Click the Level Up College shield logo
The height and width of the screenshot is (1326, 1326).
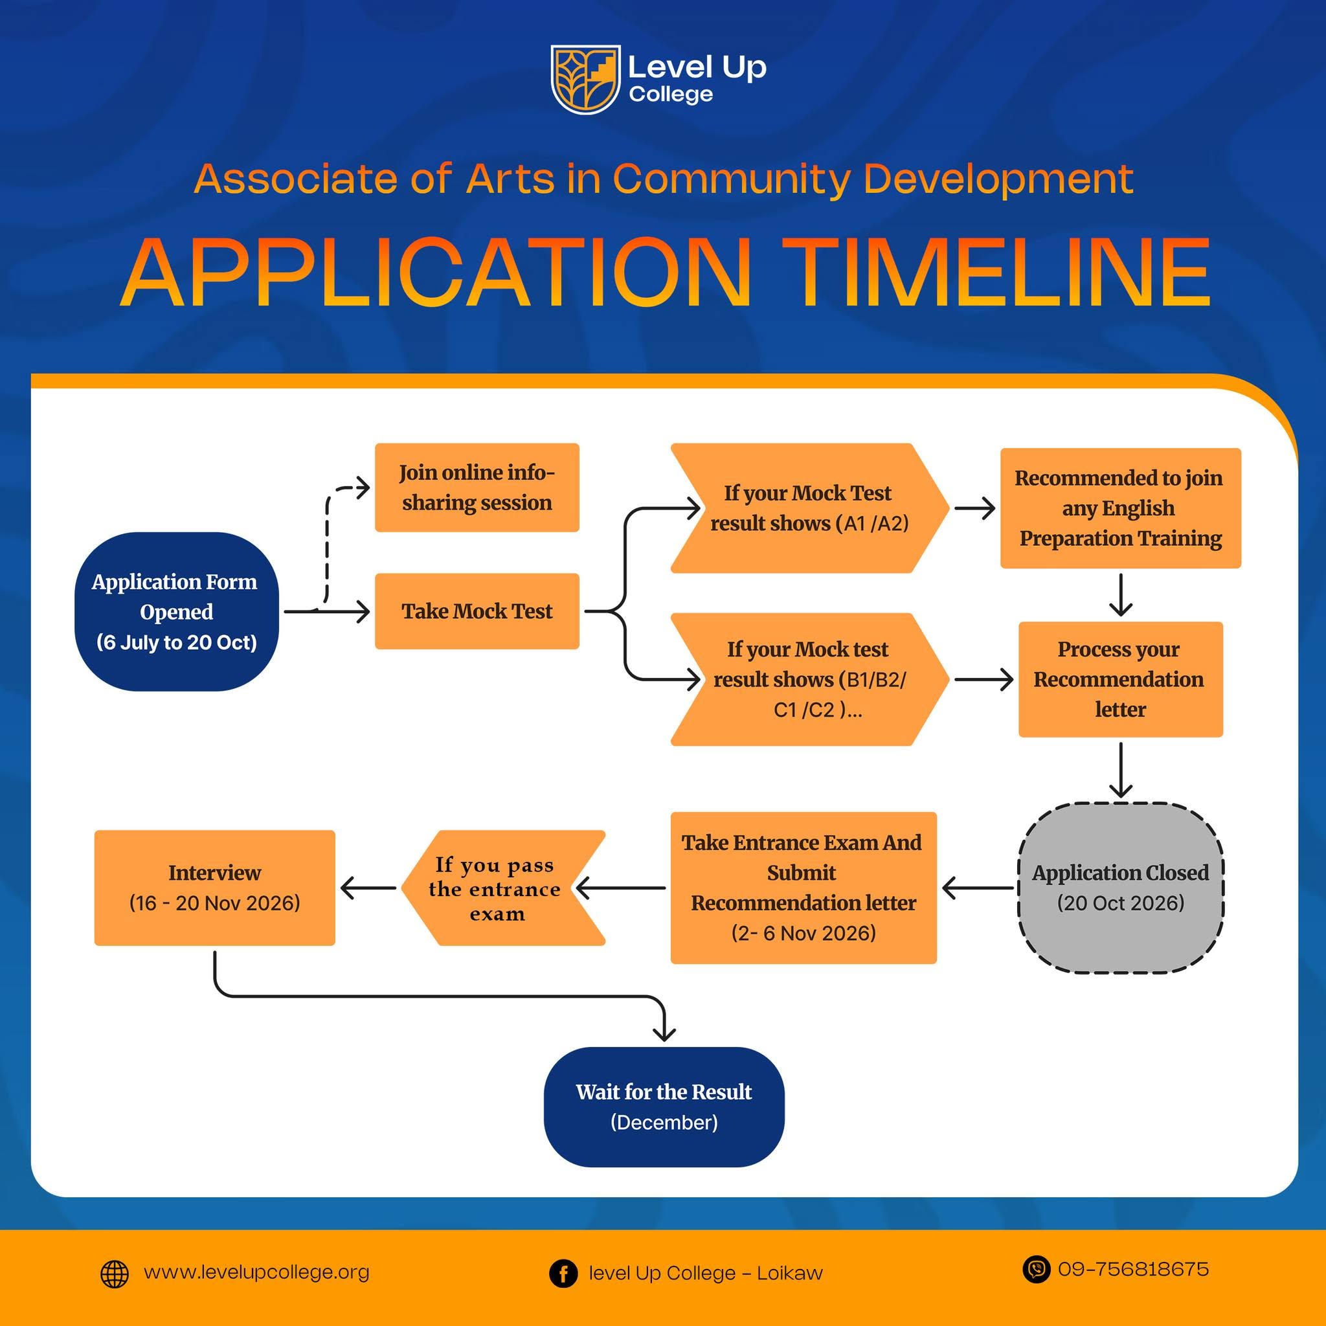pyautogui.click(x=585, y=79)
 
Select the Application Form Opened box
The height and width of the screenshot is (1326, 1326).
pyautogui.click(x=176, y=611)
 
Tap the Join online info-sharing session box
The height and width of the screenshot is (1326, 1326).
pyautogui.click(x=477, y=488)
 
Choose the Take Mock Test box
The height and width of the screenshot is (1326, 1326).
pyautogui.click(x=477, y=611)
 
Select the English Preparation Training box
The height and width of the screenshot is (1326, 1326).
pyautogui.click(x=1121, y=508)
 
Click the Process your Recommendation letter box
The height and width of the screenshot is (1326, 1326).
pyautogui.click(x=1121, y=679)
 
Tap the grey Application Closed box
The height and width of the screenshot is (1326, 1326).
pyautogui.click(x=1121, y=888)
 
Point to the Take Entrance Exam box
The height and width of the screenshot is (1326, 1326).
pyautogui.click(x=803, y=888)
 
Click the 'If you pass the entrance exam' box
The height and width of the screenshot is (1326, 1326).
pyautogui.click(x=503, y=888)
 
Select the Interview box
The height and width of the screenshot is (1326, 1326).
pyautogui.click(x=215, y=888)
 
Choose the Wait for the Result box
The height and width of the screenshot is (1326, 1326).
pyautogui.click(x=664, y=1107)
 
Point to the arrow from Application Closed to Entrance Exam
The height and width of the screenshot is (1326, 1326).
pyautogui.click(x=978, y=888)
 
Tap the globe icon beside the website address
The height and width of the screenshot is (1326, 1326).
pyautogui.click(x=115, y=1274)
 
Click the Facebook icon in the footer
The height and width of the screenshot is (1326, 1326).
pyautogui.click(x=563, y=1274)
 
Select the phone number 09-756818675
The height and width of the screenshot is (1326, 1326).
pyautogui.click(x=1133, y=1269)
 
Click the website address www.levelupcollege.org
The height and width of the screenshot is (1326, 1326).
pyautogui.click(x=256, y=1272)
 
